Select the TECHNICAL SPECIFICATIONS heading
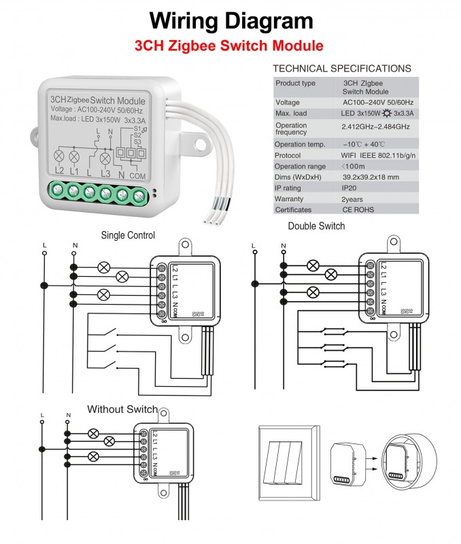coord(341,69)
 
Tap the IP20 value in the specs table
coord(349,187)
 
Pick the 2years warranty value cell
coord(353,199)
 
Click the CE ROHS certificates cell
coord(358,210)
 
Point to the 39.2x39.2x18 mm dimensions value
coord(371,176)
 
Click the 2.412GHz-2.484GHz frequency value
coord(375,127)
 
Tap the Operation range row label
coord(300,166)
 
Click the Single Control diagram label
coord(128,235)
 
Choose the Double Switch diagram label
coord(316,226)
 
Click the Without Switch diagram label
coord(122,409)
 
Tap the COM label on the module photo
coord(138,176)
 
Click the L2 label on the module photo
coord(59,171)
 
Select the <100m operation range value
coord(354,166)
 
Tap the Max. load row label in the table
coord(291,113)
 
